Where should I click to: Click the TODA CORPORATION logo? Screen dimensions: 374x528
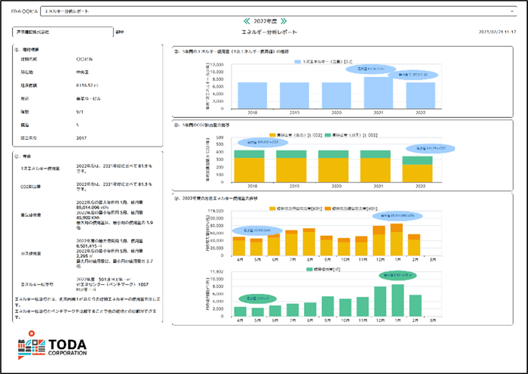coord(51,348)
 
